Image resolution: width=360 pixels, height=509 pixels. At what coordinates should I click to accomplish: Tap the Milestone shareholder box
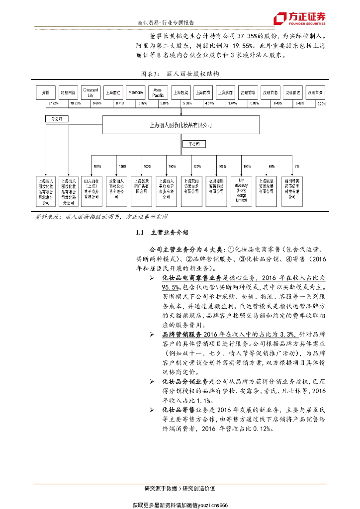pyautogui.click(x=135, y=92)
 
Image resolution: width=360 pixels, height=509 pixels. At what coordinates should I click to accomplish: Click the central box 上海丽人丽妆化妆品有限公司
pyautogui.click(x=180, y=125)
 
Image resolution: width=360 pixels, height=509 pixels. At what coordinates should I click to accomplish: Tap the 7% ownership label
pyautogui.click(x=297, y=166)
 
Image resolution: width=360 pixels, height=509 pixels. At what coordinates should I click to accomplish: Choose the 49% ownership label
pyautogui.click(x=271, y=166)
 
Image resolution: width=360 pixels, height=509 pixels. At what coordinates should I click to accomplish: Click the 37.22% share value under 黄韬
pyautogui.click(x=54, y=103)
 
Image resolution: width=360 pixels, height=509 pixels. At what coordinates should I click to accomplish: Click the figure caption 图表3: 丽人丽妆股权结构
pyautogui.click(x=180, y=73)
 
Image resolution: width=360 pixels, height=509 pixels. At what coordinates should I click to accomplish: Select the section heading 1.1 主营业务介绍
pyautogui.click(x=163, y=233)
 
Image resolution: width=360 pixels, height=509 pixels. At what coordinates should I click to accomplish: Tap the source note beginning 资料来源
pyautogui.click(x=102, y=217)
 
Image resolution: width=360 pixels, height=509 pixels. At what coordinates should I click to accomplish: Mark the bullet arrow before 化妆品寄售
pyautogui.click(x=151, y=410)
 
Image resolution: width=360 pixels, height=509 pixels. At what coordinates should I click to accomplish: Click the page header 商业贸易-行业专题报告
pyautogui.click(x=166, y=23)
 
